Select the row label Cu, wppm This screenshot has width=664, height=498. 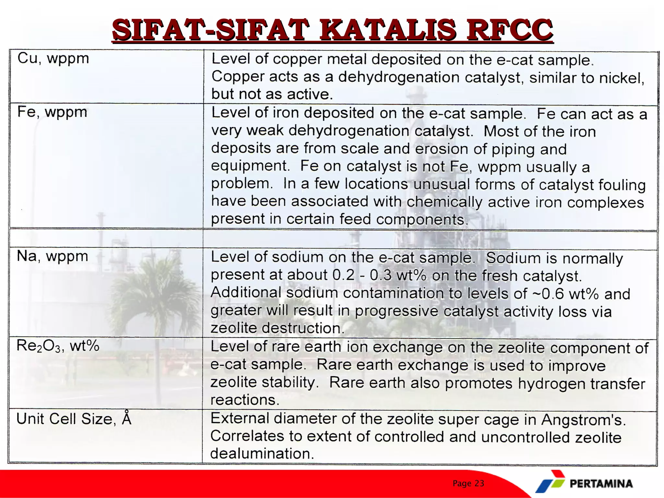53,59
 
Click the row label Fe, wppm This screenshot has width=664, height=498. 52,112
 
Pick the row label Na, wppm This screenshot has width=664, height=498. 52,256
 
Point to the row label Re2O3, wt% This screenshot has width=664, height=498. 58,346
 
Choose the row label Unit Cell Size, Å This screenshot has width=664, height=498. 74,419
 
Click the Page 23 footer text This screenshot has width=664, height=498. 468,483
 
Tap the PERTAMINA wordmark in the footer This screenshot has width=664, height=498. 601,484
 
